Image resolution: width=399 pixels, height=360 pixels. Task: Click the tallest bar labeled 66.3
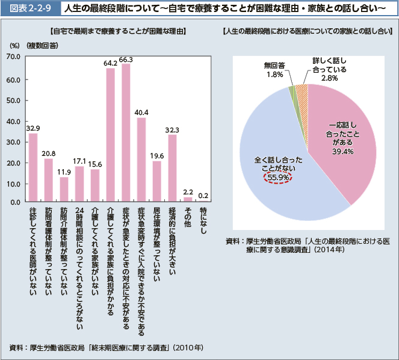pos(126,132)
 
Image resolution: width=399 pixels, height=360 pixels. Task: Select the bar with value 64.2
pos(111,135)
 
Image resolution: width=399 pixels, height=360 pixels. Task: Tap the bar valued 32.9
pos(33,167)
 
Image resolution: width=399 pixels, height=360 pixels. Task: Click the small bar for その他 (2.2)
pos(188,199)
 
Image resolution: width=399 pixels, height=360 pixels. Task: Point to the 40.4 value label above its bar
pos(141,113)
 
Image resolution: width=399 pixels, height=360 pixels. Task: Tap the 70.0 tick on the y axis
pos(13,57)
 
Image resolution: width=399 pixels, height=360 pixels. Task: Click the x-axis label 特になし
pos(203,222)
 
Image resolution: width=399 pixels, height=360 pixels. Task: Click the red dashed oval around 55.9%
pos(279,178)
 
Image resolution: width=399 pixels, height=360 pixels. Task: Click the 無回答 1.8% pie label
pos(274,70)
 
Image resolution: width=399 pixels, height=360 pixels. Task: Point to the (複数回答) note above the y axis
pos(42,46)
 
